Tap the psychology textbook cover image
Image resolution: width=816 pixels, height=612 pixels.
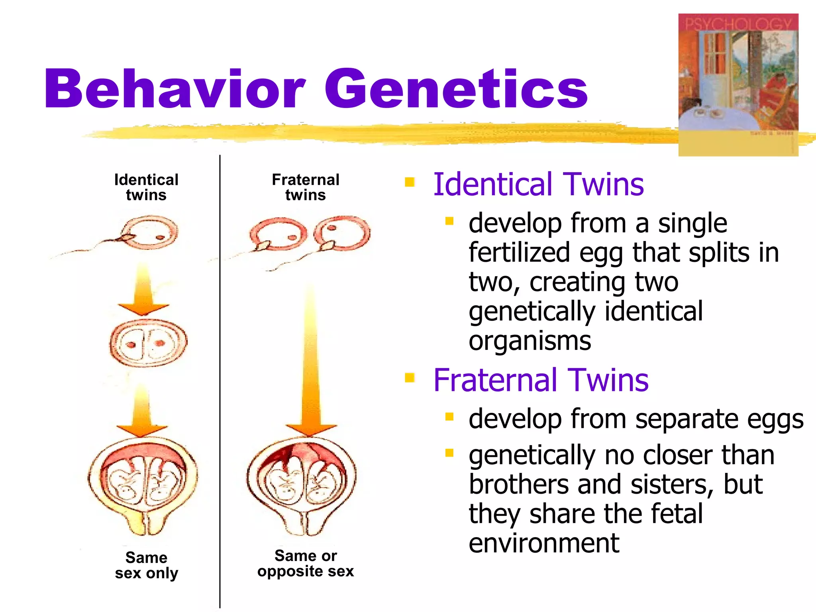tap(738, 84)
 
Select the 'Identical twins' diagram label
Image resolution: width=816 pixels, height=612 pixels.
tap(146, 187)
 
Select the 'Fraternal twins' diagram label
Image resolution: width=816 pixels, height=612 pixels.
tap(306, 187)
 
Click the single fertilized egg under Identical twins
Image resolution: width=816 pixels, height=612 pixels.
tap(150, 232)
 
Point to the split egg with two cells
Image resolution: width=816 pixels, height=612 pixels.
tap(148, 343)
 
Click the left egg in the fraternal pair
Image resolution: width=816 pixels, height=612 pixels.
tap(278, 234)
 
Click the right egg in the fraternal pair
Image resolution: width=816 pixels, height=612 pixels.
tap(342, 233)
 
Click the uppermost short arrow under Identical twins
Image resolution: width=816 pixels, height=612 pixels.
tap(143, 291)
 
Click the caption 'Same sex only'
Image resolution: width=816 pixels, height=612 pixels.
tap(146, 565)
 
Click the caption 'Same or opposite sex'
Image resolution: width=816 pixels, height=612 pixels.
tap(306, 563)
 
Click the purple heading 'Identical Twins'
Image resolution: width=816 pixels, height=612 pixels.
tap(538, 184)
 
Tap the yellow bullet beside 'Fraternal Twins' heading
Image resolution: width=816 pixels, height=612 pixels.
tap(410, 377)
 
